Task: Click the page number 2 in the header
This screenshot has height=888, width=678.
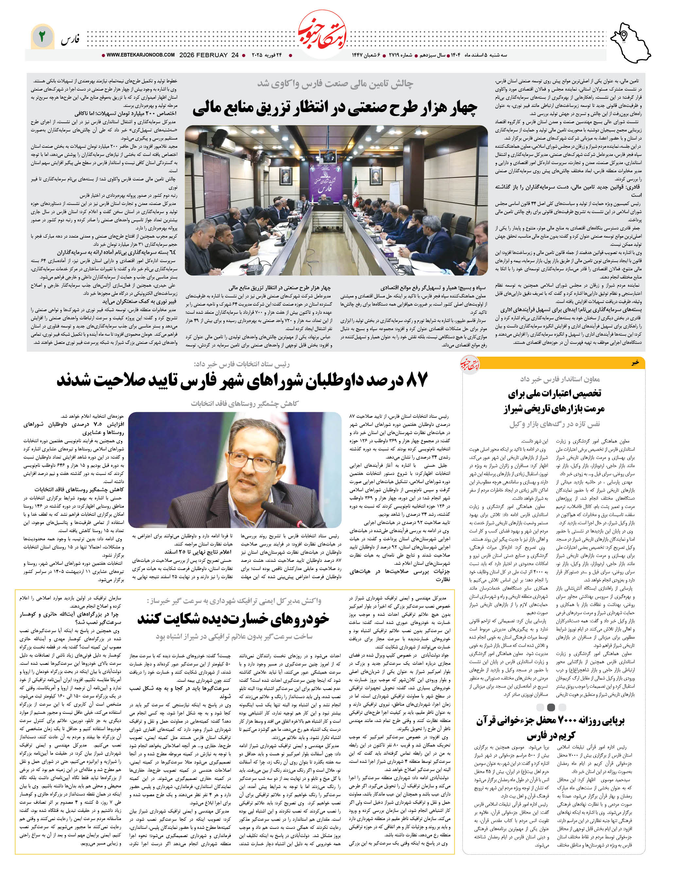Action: pyautogui.click(x=42, y=37)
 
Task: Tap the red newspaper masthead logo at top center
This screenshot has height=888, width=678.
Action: pyautogui.click(x=322, y=35)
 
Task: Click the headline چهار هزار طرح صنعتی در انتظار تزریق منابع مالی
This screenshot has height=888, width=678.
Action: pyautogui.click(x=335, y=108)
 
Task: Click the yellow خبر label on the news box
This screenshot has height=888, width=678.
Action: pyautogui.click(x=635, y=363)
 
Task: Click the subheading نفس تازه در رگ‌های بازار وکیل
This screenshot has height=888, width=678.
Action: pyautogui.click(x=554, y=424)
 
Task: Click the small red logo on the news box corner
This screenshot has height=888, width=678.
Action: pyautogui.click(x=470, y=365)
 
